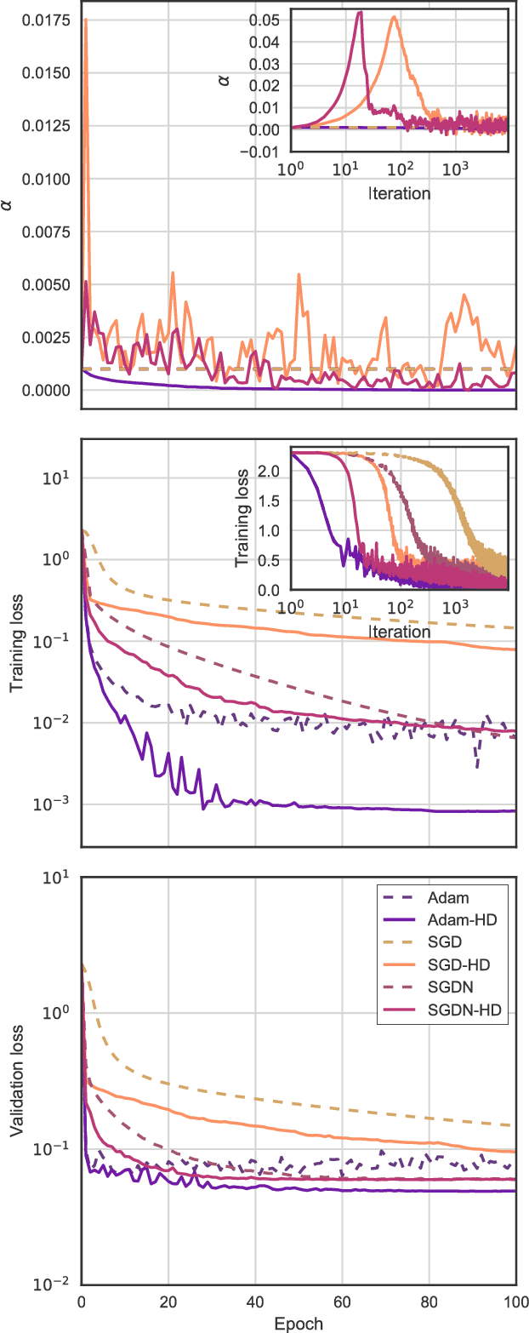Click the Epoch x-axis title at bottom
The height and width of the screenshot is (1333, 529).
(x=299, y=1323)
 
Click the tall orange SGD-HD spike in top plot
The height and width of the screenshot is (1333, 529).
(x=86, y=20)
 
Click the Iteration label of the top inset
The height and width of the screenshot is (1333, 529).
(x=399, y=193)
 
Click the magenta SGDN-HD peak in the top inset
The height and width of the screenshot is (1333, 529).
(x=361, y=13)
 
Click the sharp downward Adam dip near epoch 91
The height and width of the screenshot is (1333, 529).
(x=478, y=767)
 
